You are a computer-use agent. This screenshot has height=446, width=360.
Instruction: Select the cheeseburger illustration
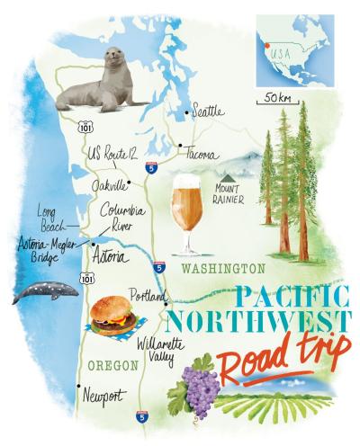[114, 316]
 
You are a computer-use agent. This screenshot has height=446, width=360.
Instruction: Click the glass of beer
[185, 212]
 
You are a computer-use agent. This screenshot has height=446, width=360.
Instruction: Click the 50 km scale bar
[273, 102]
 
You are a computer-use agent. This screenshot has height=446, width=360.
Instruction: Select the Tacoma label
[202, 155]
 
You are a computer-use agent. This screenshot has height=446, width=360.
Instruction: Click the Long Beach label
[50, 220]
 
